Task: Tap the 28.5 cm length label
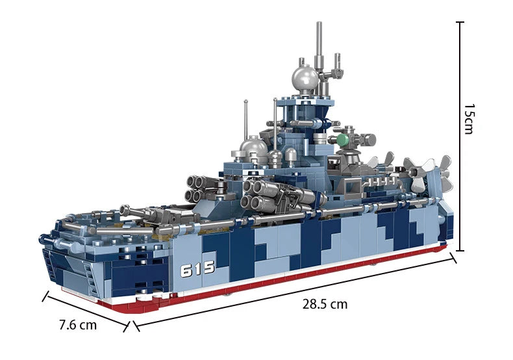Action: (x=325, y=304)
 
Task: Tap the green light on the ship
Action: (x=342, y=138)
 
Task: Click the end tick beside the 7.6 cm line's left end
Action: (x=45, y=296)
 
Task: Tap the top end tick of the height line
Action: (x=460, y=23)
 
